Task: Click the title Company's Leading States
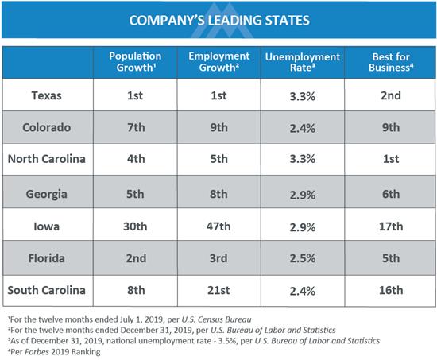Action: [219, 21]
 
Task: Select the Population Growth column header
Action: [135, 62]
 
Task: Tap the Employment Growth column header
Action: [218, 62]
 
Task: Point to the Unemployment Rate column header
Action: [303, 62]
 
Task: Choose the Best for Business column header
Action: [391, 62]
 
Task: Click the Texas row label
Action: [46, 95]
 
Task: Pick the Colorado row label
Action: [47, 127]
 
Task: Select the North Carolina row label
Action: [47, 159]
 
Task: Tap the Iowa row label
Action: [46, 226]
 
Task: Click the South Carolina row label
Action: [47, 290]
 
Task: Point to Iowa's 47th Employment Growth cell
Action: [218, 226]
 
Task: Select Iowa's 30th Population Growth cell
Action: [135, 226]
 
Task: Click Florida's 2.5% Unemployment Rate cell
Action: [303, 258]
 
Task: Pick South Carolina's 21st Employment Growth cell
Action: [218, 290]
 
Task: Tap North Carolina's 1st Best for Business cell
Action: [391, 159]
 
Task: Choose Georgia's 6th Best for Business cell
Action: [391, 194]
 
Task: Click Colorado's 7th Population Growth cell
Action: [136, 127]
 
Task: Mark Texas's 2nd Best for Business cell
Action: [391, 95]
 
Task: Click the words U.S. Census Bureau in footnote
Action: [216, 319]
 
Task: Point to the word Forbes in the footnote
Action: [37, 352]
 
